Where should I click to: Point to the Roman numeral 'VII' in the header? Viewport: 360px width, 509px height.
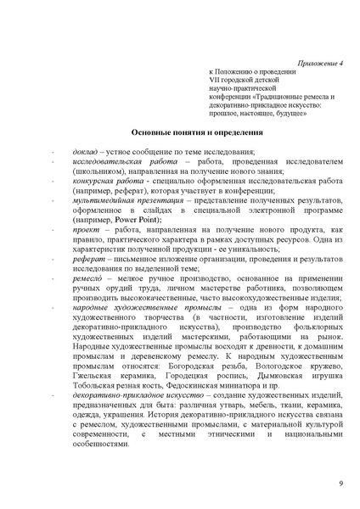216,83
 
